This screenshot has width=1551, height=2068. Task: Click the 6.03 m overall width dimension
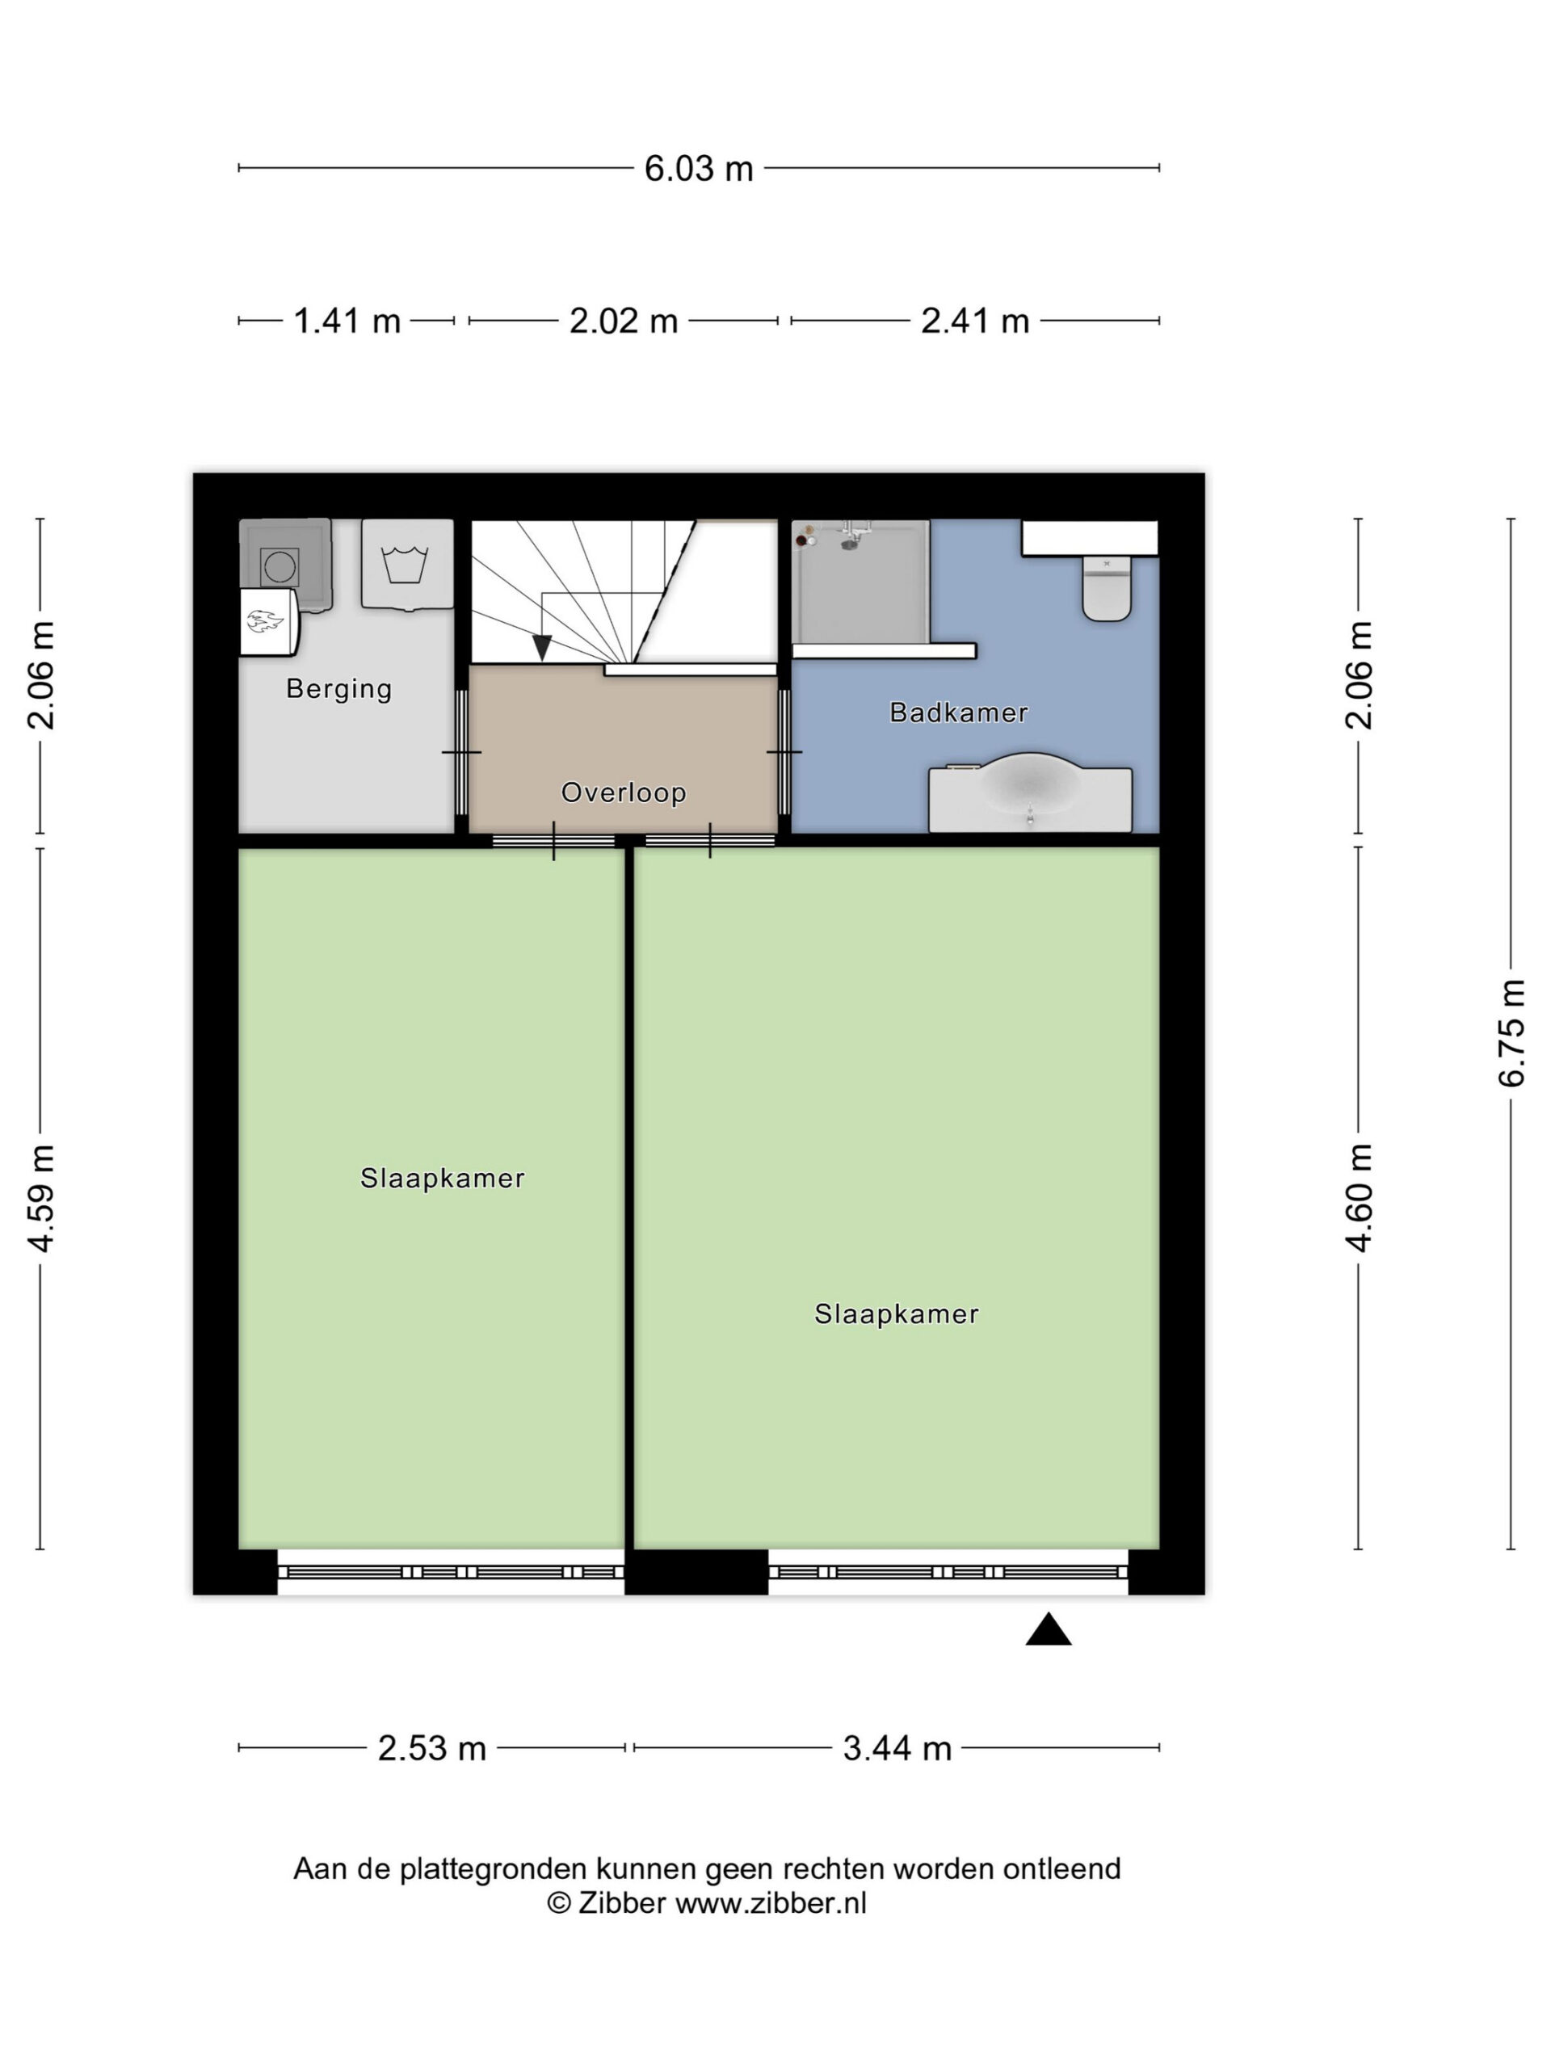[699, 169]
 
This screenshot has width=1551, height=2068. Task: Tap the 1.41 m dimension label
[347, 322]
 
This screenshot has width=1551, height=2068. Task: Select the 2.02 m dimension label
[624, 322]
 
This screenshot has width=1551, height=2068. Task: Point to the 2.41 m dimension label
[975, 322]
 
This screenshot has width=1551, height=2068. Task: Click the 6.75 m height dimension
[1511, 1032]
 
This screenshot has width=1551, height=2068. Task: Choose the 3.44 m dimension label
[897, 1748]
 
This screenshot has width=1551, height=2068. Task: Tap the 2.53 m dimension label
[432, 1748]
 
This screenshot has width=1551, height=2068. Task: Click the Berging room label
[338, 690]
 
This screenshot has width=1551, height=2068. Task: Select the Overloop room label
[624, 792]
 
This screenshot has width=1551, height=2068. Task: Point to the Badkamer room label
[958, 712]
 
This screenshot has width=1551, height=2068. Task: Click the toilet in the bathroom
[1107, 588]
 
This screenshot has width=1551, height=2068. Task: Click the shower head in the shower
[849, 542]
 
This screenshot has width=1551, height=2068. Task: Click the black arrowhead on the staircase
[541, 647]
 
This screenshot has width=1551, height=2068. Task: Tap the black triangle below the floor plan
[1048, 1629]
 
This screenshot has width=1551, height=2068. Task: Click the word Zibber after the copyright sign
[622, 1903]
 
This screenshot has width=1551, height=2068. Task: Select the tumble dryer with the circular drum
[284, 565]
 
